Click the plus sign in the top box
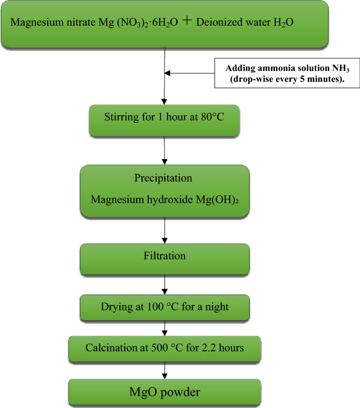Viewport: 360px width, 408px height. click(x=194, y=23)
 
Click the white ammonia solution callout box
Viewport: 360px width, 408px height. click(x=287, y=74)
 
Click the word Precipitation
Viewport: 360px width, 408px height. click(x=163, y=178)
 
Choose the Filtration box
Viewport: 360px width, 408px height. click(x=165, y=257)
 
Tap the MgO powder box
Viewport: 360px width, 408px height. click(x=165, y=393)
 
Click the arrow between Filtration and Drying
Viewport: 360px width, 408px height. click(x=166, y=284)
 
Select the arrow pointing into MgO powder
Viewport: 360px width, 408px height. click(x=166, y=372)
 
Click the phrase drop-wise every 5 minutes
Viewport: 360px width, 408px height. click(x=287, y=79)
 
